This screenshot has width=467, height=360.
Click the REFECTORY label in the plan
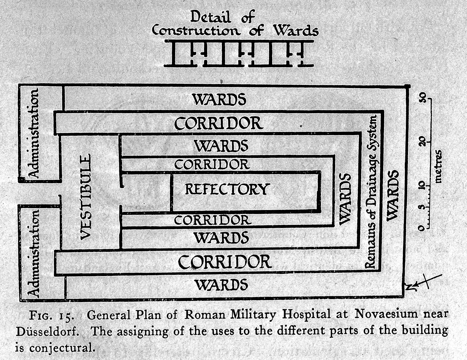[227, 189]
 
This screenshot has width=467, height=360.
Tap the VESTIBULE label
[86, 197]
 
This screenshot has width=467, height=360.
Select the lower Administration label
[33, 253]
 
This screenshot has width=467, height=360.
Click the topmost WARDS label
[219, 99]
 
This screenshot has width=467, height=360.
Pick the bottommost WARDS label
[221, 285]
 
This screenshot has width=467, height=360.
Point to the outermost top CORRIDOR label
[218, 123]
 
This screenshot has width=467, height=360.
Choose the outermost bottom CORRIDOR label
[224, 262]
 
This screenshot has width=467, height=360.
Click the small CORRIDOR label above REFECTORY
[212, 164]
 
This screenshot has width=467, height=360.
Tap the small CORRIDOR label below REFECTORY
[212, 220]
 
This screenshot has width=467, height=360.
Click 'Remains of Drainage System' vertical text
[372, 192]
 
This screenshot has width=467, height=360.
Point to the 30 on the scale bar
[422, 97]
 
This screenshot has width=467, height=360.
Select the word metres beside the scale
[438, 166]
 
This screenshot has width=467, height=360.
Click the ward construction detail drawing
[239, 53]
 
